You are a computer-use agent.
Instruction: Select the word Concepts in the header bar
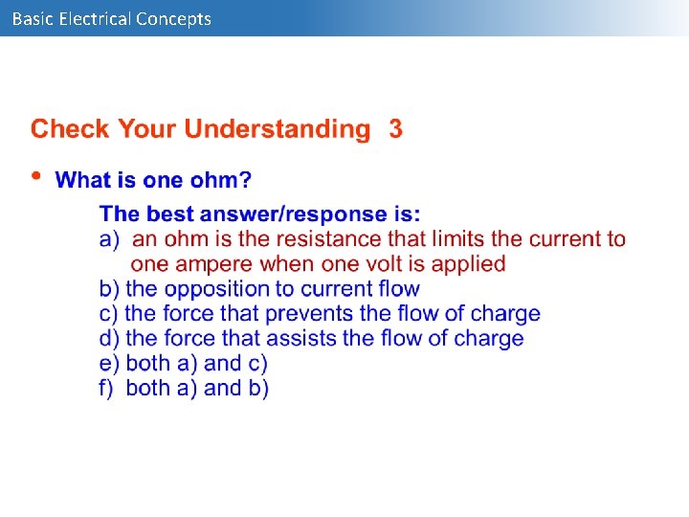173,18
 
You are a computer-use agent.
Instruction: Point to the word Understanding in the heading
277,129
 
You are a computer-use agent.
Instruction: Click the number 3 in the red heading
395,129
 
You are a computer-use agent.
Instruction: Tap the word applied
469,264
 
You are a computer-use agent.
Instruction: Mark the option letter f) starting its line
108,388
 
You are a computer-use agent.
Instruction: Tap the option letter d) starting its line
110,338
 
